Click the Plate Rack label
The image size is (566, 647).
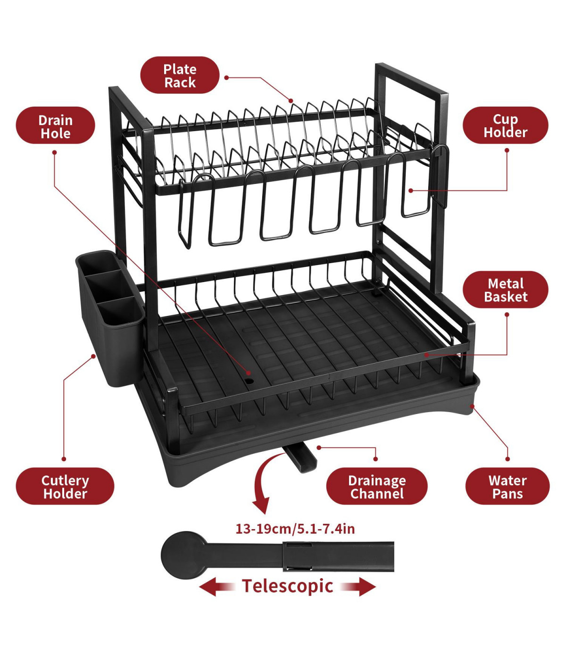coord(180,75)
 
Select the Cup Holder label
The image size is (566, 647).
coord(505,125)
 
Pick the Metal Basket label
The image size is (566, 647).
coord(505,290)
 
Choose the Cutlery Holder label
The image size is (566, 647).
coord(65,486)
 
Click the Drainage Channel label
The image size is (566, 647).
coord(377,486)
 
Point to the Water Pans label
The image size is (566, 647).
coord(508,486)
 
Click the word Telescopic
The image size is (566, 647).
coord(287,586)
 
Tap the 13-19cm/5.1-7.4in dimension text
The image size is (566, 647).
coord(295,528)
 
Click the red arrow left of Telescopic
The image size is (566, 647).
coord(216,587)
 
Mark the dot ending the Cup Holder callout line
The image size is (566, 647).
coord(411,191)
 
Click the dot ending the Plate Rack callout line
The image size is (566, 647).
coord(291,100)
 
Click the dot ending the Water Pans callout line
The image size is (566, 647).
coord(473,406)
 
